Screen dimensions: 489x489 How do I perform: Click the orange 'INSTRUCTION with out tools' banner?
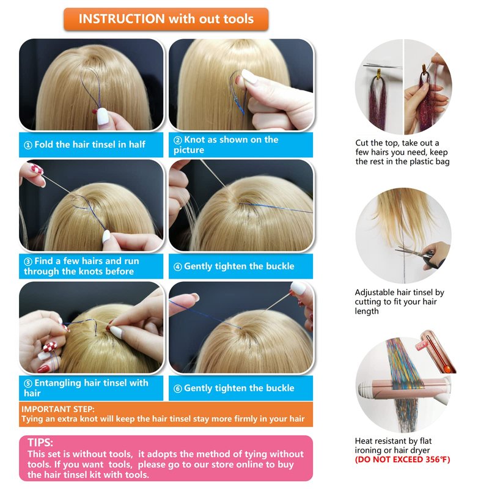pos(166,19)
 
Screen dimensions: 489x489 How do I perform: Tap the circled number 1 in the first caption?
pos(28,145)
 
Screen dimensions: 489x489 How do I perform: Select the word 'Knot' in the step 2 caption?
pos(197,139)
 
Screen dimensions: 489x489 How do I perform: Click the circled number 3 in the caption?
pos(28,262)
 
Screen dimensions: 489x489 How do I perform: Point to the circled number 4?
pos(178,267)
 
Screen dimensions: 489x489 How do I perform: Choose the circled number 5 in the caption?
pos(28,383)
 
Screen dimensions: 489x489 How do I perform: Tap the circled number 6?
pos(178,389)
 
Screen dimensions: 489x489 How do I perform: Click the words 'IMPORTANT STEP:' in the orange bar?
pos(57,409)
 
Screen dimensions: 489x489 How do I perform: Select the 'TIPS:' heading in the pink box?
pos(40,442)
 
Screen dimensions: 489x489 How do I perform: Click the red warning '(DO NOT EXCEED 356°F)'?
pos(402,460)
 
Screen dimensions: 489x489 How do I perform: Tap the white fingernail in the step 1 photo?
pos(102,116)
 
